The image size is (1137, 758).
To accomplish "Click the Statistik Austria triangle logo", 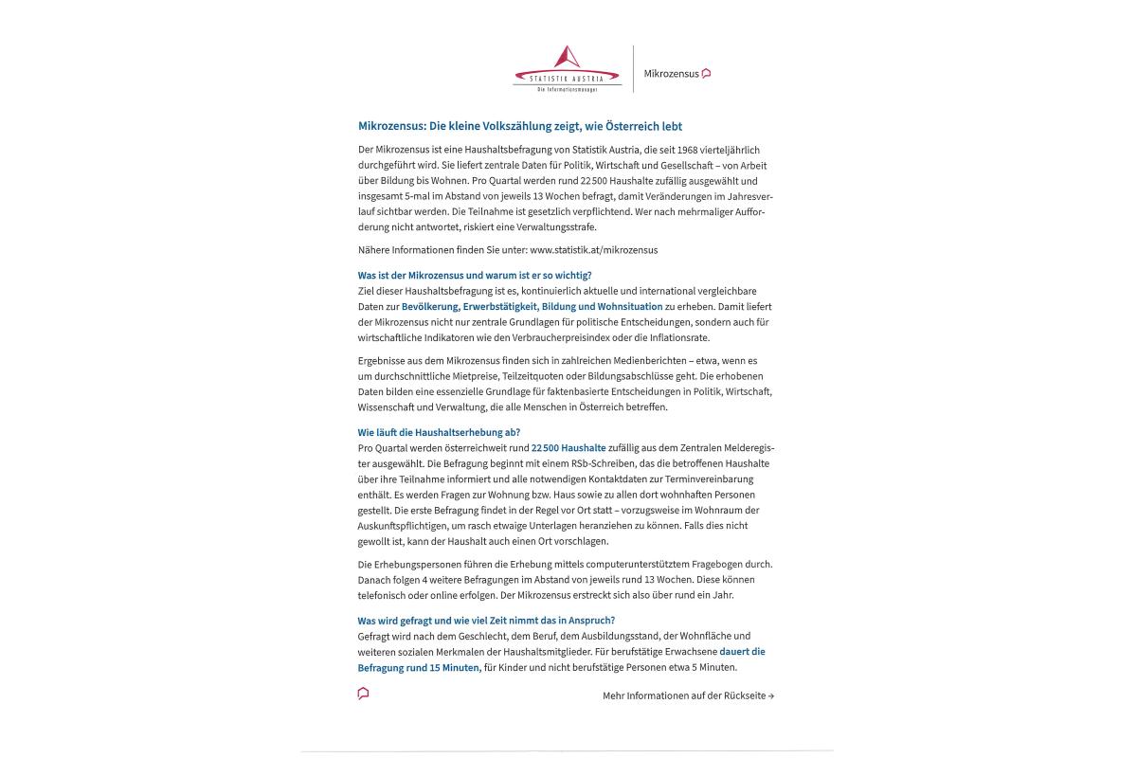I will click(567, 59).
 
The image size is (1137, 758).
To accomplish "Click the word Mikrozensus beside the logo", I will click(671, 74).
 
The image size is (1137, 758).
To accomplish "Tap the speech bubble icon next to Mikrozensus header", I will click(707, 73).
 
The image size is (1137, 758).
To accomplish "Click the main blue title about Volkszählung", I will click(520, 126).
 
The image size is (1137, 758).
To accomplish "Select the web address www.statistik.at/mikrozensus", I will click(593, 250).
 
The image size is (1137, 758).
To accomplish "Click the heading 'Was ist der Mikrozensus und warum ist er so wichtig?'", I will click(475, 276).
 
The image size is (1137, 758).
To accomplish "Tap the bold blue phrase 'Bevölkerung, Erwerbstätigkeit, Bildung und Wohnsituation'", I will click(532, 307).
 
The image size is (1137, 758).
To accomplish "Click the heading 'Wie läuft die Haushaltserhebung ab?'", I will click(439, 433).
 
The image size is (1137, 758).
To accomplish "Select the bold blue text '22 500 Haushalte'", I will click(568, 448).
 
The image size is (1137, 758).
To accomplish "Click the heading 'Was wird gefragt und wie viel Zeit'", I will click(486, 621).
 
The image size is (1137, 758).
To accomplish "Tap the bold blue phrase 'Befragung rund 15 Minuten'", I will click(418, 667).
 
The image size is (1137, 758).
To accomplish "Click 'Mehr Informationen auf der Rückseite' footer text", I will click(688, 695).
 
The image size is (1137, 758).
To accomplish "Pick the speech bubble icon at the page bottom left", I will click(363, 694).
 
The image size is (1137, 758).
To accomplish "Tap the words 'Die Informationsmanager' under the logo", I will click(567, 90).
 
